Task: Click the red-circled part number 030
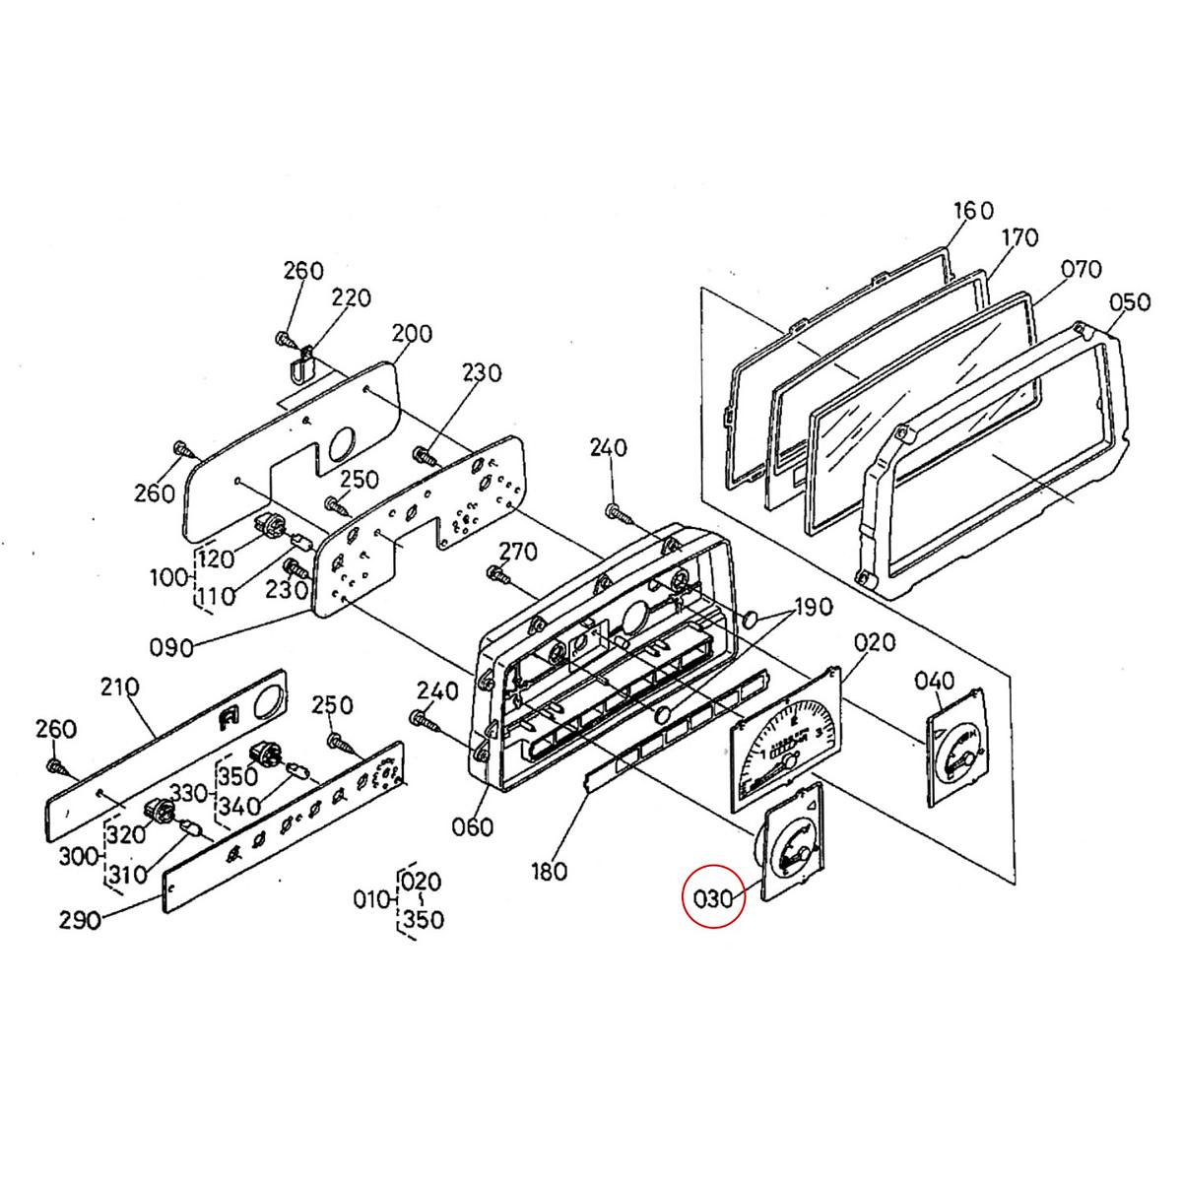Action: pos(714,897)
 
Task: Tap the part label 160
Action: pos(973,211)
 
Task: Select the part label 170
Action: pos(1019,237)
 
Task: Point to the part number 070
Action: pos(1081,269)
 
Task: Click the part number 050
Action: pos(1129,301)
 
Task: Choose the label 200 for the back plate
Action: pos(412,333)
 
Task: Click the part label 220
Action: pos(351,297)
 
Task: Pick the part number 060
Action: pos(472,826)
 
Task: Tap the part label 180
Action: pos(548,871)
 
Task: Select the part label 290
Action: pos(79,920)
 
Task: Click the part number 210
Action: pos(119,686)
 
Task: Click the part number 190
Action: pos(814,607)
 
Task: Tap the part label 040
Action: pos(934,680)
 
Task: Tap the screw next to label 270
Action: pos(498,572)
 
